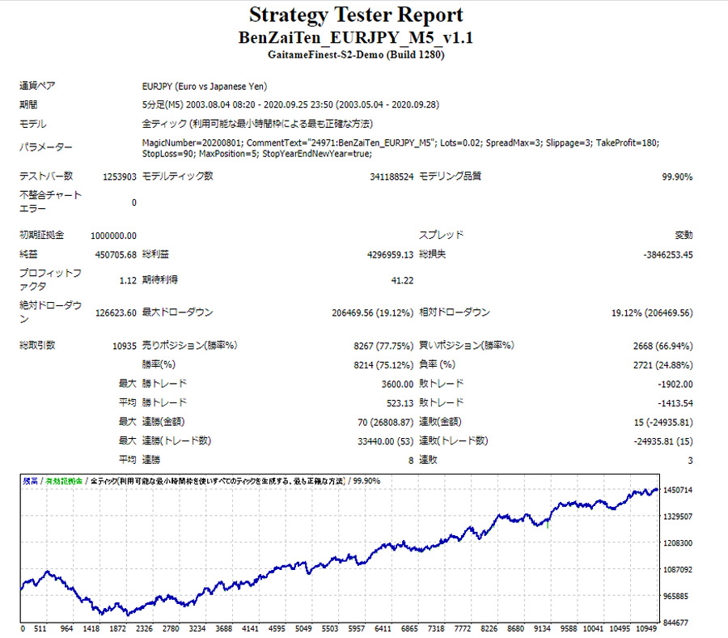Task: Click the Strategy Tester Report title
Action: [x=356, y=15]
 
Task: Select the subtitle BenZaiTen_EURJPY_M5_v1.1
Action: [x=356, y=38]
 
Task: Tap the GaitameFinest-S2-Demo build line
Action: [x=356, y=55]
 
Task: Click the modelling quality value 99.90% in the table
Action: [x=675, y=177]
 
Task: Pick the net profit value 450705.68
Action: [x=115, y=254]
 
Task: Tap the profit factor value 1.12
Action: [x=126, y=280]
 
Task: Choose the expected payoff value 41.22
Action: [x=402, y=280]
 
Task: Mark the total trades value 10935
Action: [x=121, y=346]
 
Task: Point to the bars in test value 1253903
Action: [x=119, y=177]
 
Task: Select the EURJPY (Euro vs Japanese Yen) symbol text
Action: [x=204, y=86]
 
